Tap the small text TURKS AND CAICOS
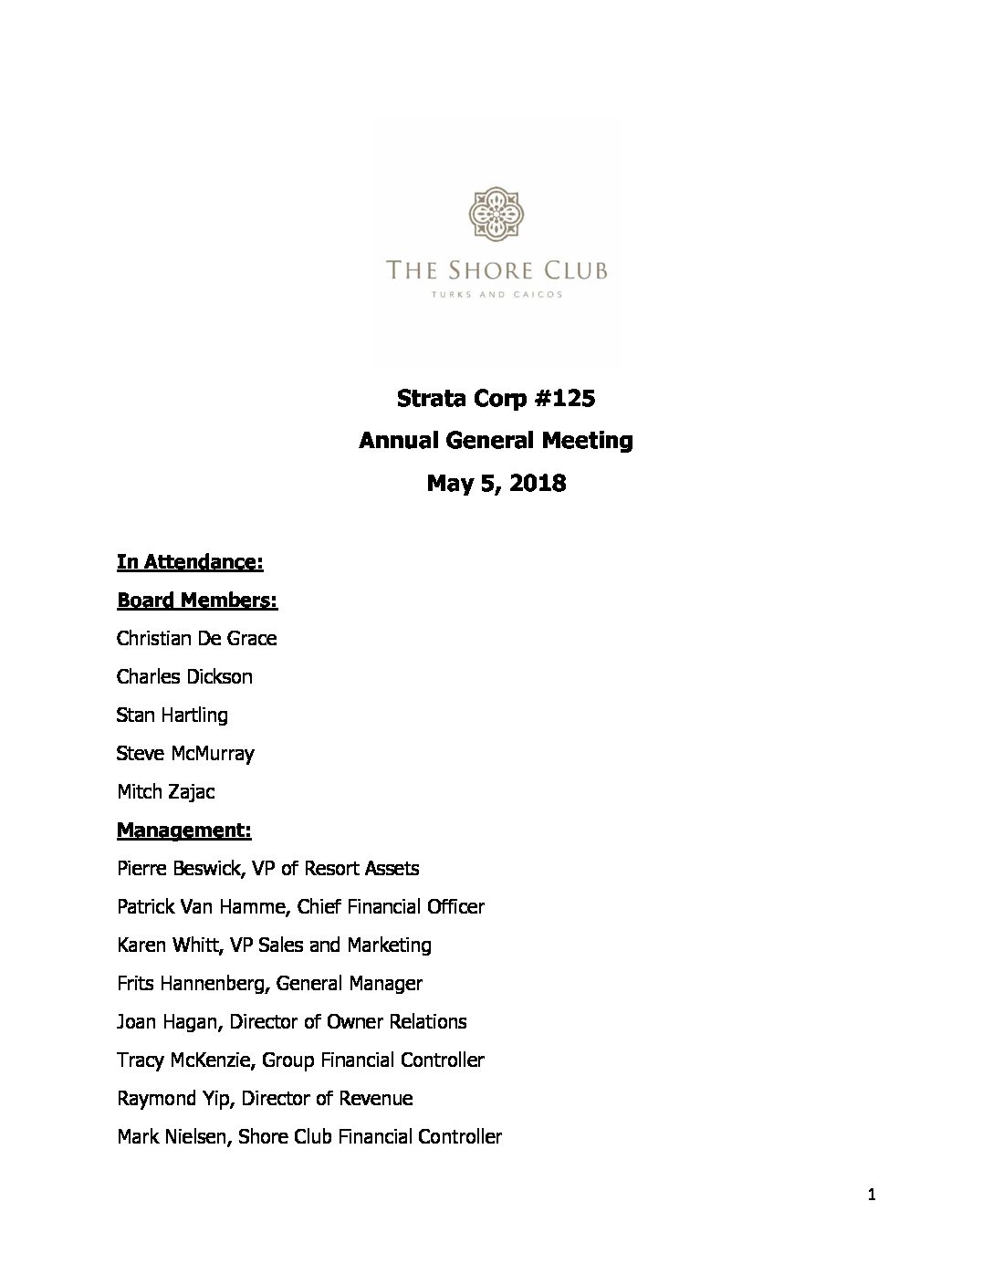(x=496, y=295)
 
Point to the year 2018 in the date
(x=538, y=484)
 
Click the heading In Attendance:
(x=190, y=562)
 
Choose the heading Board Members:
(x=197, y=601)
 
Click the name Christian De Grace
(x=196, y=639)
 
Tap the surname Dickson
(x=219, y=677)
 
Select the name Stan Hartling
(x=172, y=716)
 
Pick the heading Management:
(x=183, y=831)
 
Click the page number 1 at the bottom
(x=872, y=1196)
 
